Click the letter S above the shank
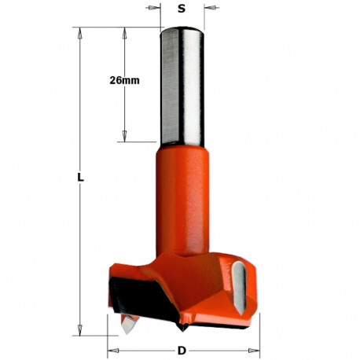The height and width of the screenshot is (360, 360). tap(182, 10)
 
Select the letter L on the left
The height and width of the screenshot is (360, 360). tap(80, 178)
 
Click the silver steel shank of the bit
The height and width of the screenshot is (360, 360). tap(182, 86)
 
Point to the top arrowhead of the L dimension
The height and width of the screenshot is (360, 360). tap(80, 32)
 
